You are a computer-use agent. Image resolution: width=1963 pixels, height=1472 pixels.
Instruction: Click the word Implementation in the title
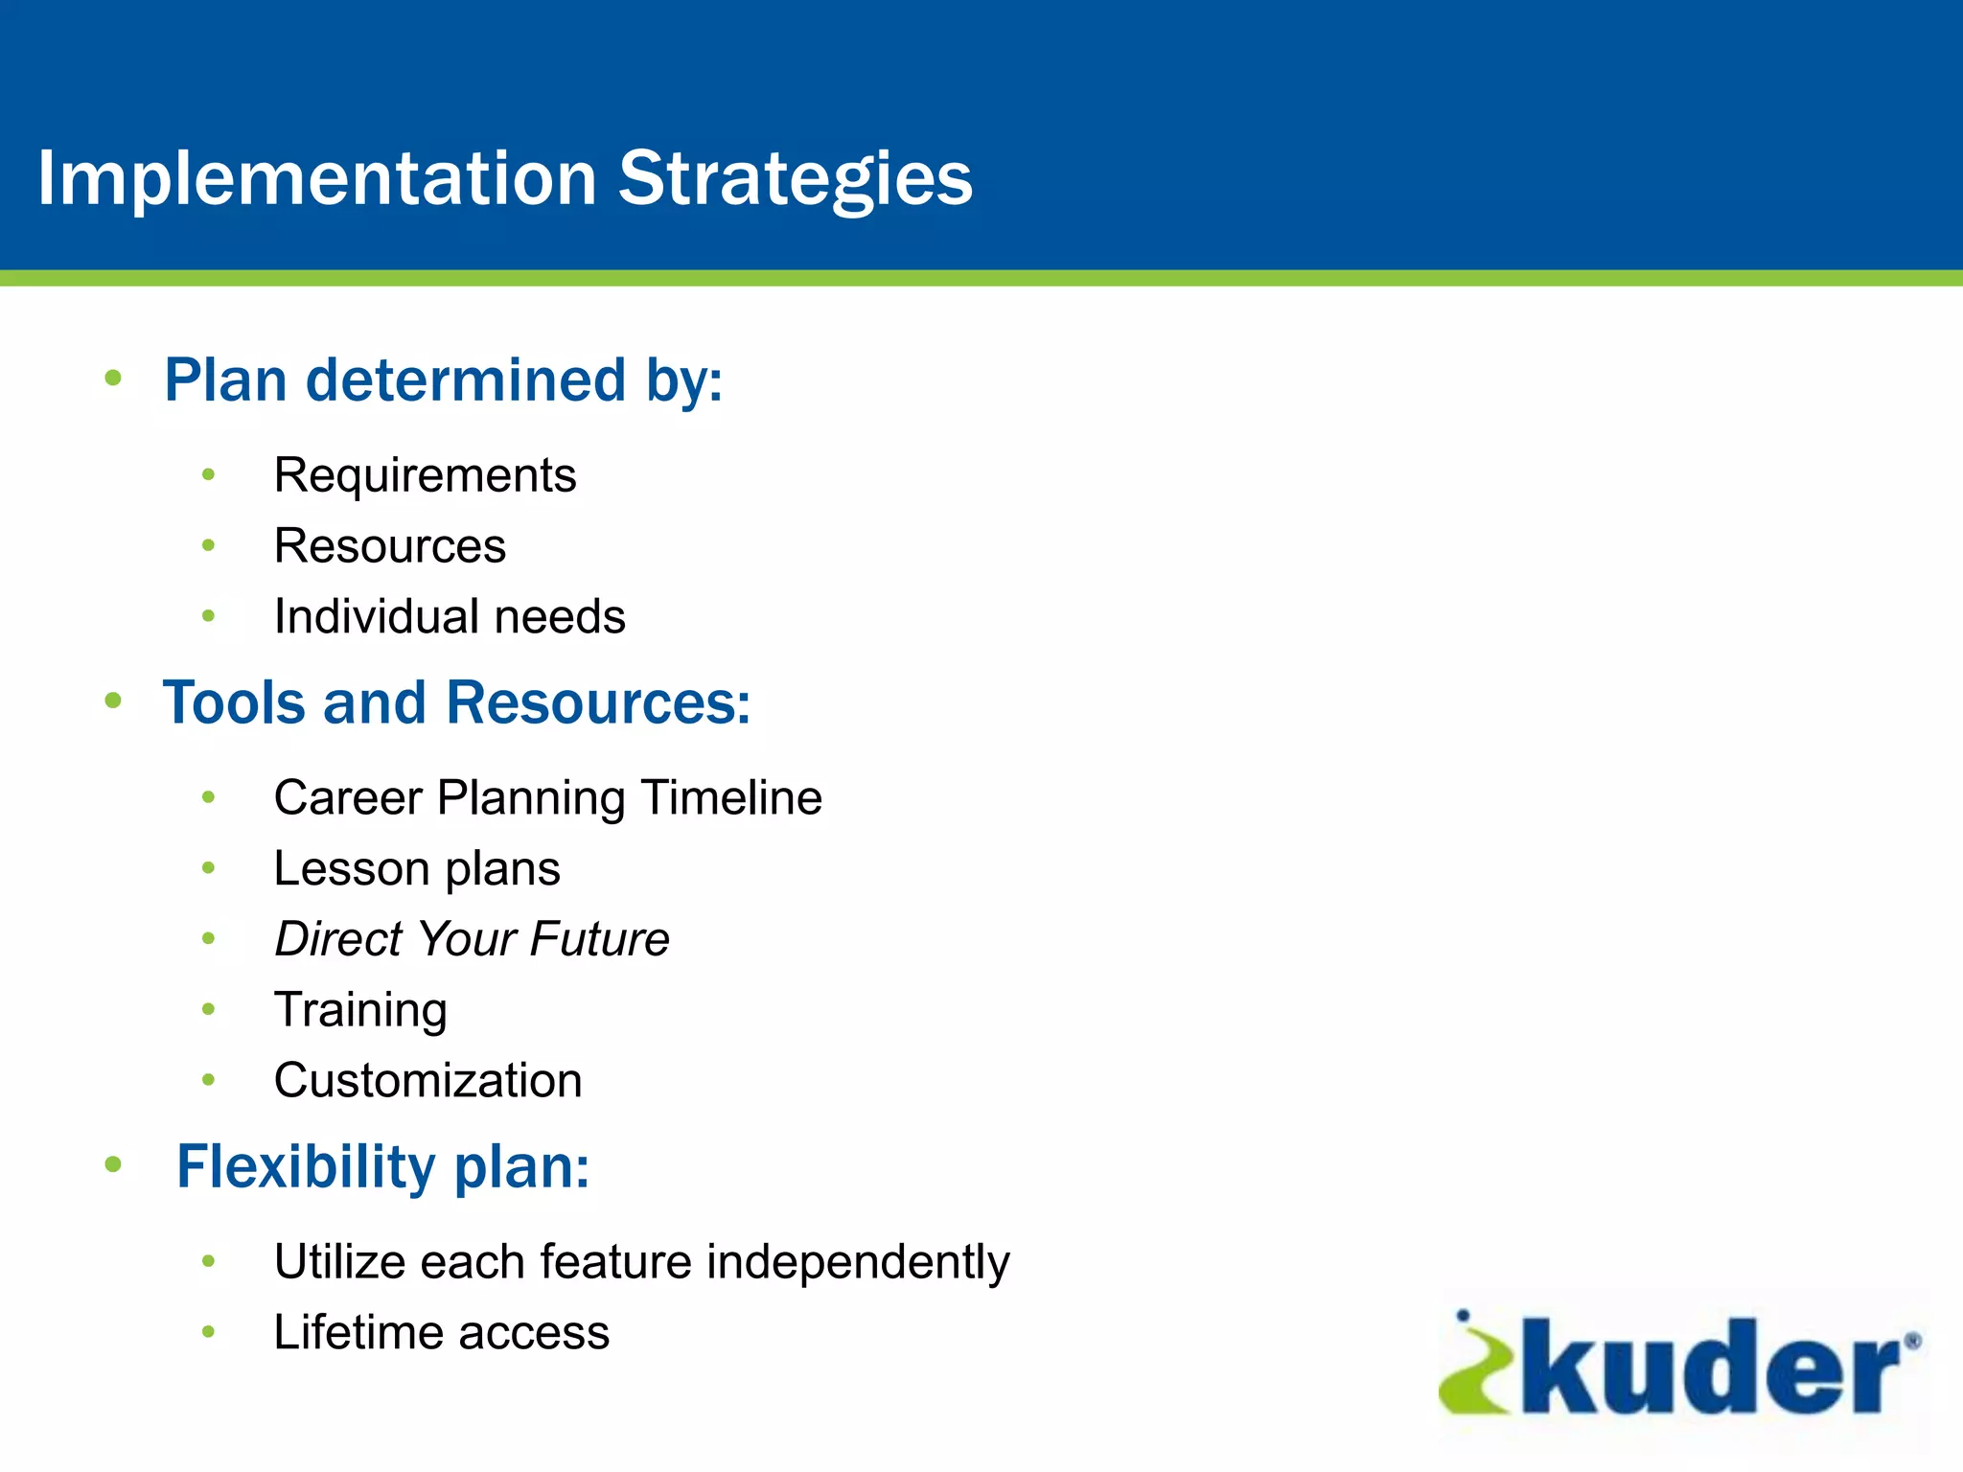pyautogui.click(x=316, y=179)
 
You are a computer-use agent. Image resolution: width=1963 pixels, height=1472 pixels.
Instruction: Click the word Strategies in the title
pyautogui.click(x=795, y=179)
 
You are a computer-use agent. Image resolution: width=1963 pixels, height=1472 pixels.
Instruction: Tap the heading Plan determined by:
pyautogui.click(x=443, y=380)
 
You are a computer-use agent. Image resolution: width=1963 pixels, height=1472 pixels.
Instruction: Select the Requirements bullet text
pyautogui.click(x=425, y=475)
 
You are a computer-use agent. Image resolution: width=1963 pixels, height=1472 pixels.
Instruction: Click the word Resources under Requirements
pyautogui.click(x=389, y=546)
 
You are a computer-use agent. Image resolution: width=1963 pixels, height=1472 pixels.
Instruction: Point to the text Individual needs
pyautogui.click(x=449, y=616)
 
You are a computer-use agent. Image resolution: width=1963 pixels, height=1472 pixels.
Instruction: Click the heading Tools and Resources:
pyautogui.click(x=456, y=702)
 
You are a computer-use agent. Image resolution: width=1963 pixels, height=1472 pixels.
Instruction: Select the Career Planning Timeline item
pyautogui.click(x=547, y=798)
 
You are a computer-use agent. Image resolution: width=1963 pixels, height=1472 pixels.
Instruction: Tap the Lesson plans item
pyautogui.click(x=416, y=869)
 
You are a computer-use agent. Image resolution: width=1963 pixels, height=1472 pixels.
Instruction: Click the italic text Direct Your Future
pyautogui.click(x=472, y=939)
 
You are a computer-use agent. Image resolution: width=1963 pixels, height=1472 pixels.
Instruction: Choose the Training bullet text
pyautogui.click(x=360, y=1010)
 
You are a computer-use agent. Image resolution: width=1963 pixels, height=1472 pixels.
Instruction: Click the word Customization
pyautogui.click(x=427, y=1081)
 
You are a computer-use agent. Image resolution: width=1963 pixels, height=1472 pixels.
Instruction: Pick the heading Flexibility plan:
pyautogui.click(x=382, y=1167)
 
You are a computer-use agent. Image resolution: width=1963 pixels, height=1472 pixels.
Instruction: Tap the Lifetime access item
pyautogui.click(x=441, y=1333)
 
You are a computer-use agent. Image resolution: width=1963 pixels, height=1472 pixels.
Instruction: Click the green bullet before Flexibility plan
pyautogui.click(x=113, y=1165)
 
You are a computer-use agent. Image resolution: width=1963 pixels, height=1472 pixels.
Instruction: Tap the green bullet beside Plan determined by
pyautogui.click(x=113, y=379)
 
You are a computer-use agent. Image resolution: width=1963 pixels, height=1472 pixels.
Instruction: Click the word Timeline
pyautogui.click(x=731, y=798)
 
